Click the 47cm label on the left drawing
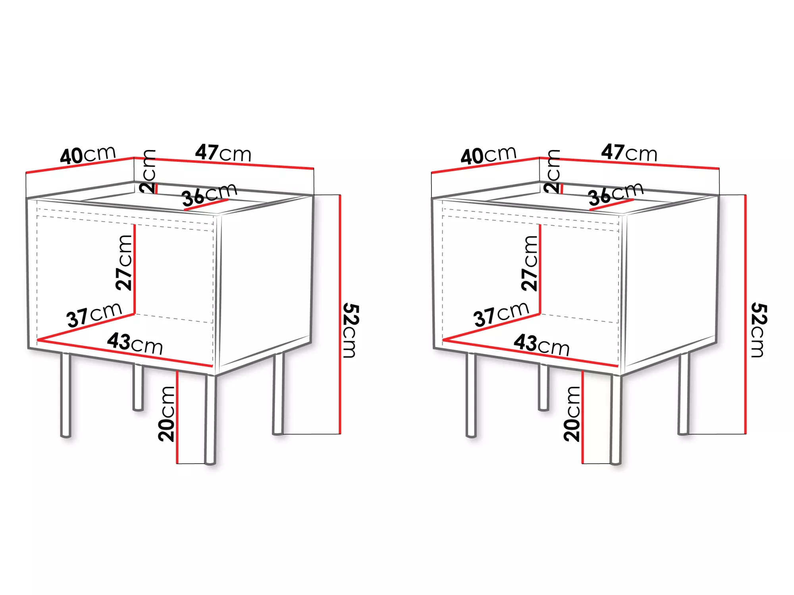point(223,153)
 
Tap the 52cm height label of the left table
point(351,330)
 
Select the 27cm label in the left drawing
point(124,263)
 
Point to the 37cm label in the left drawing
point(94,315)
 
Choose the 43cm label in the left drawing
point(135,344)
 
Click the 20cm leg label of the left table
point(166,414)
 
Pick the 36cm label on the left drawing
point(209,195)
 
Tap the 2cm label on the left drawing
point(148,171)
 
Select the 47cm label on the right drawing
point(629,153)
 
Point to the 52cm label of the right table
point(759,330)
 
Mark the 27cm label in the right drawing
point(530,263)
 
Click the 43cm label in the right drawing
point(542,345)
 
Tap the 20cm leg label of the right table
point(572,414)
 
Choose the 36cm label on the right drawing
point(616,194)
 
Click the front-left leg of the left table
point(66,395)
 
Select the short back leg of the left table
point(138,387)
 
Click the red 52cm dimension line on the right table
point(746,314)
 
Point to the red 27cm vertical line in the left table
point(135,269)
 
